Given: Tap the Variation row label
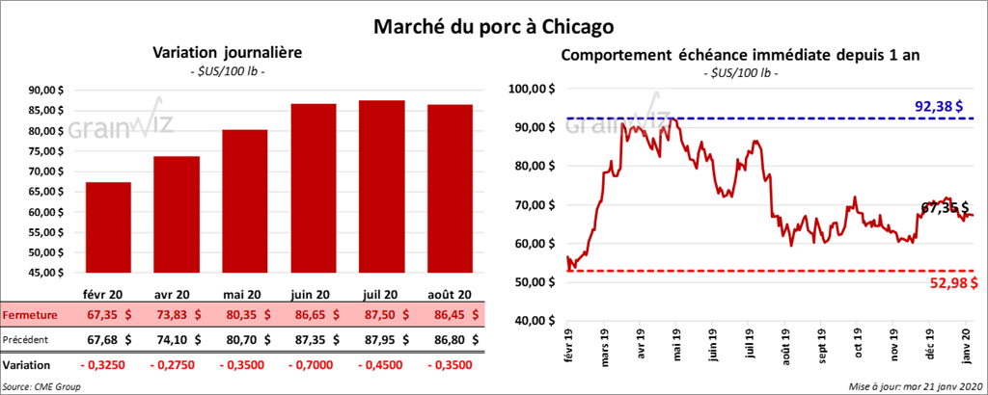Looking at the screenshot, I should click(26, 366).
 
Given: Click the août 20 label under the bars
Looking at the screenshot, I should click(452, 294).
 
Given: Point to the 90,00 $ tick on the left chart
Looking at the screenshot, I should click(58, 91).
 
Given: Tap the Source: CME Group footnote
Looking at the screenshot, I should click(41, 385).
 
